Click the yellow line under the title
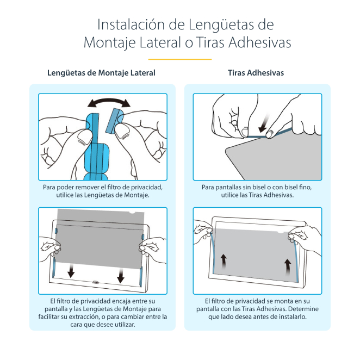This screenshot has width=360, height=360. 179,59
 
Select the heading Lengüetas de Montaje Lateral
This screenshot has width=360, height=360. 101,73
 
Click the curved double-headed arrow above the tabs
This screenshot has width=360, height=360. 110,103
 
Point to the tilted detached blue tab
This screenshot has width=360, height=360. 115,121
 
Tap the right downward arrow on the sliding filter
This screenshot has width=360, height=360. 120,276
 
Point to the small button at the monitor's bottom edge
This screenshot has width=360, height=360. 96,282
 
